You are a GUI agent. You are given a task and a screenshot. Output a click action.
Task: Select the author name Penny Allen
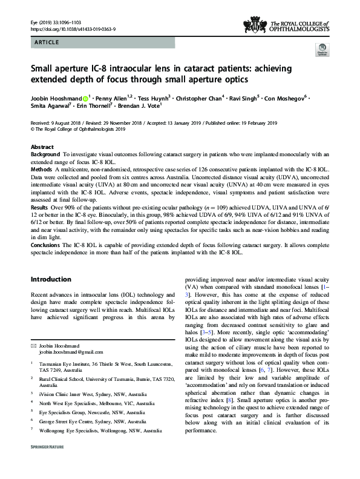(x=111, y=97)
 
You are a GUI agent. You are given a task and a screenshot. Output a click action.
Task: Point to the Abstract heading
(x=42, y=147)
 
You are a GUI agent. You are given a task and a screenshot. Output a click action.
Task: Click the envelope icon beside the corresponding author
(x=33, y=344)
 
